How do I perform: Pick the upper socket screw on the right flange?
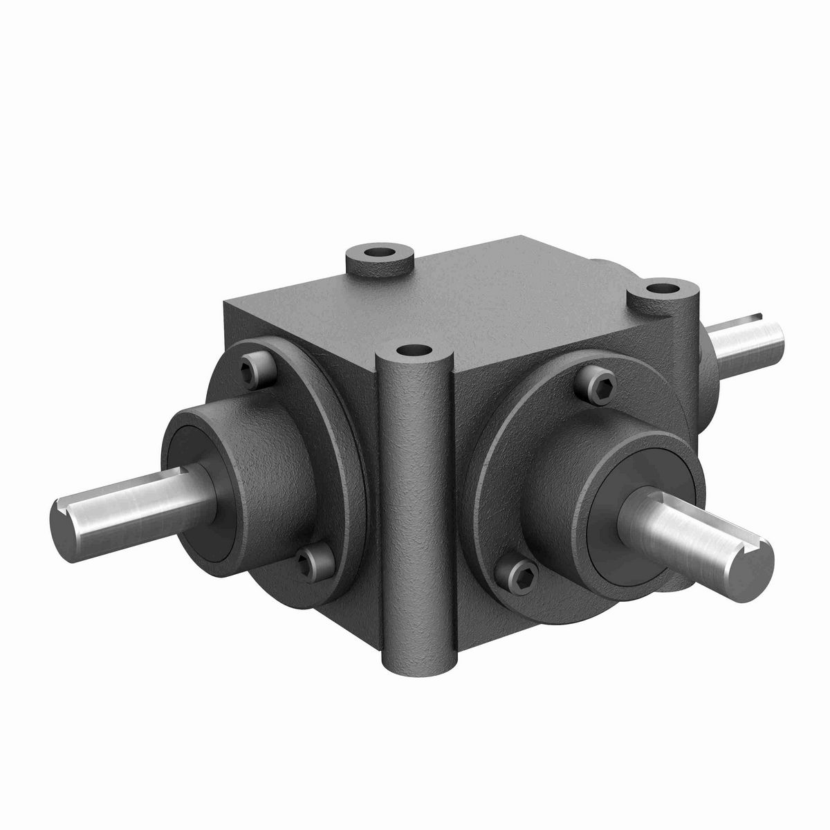pyautogui.click(x=599, y=381)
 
